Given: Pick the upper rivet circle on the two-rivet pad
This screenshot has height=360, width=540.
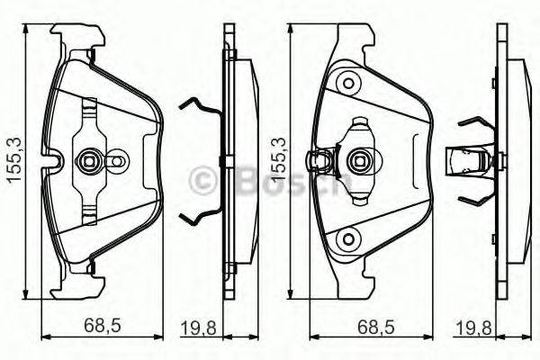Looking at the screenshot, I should [x=346, y=83].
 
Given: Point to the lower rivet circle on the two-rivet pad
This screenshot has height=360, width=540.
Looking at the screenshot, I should [x=346, y=239].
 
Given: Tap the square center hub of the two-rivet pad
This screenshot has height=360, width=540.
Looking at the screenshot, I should [x=356, y=162].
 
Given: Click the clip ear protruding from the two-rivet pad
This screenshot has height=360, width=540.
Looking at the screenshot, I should [x=317, y=162].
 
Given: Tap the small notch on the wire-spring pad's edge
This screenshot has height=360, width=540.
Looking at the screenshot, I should [x=54, y=164].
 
